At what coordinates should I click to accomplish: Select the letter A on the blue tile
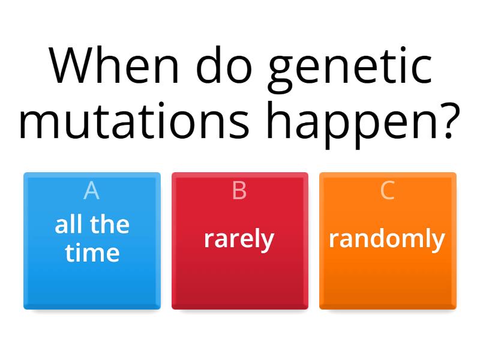tap(91, 190)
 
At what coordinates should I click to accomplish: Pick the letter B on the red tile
tap(239, 190)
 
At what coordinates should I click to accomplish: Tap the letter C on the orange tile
tap(388, 190)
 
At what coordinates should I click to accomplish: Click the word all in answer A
tap(68, 224)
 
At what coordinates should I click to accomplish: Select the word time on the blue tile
tap(92, 253)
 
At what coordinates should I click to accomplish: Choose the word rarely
tap(239, 239)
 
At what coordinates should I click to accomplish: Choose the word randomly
tap(387, 239)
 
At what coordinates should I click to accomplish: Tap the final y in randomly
tap(439, 241)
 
